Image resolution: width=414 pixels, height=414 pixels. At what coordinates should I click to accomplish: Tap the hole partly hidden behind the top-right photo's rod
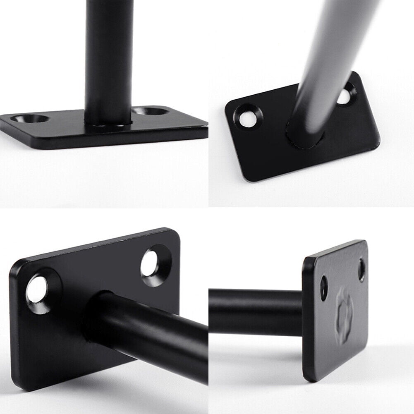(344, 96)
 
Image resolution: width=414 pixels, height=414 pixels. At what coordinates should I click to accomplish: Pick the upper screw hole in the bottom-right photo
(361, 269)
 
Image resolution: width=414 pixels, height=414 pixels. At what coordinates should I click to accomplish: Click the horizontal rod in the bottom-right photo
(256, 312)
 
